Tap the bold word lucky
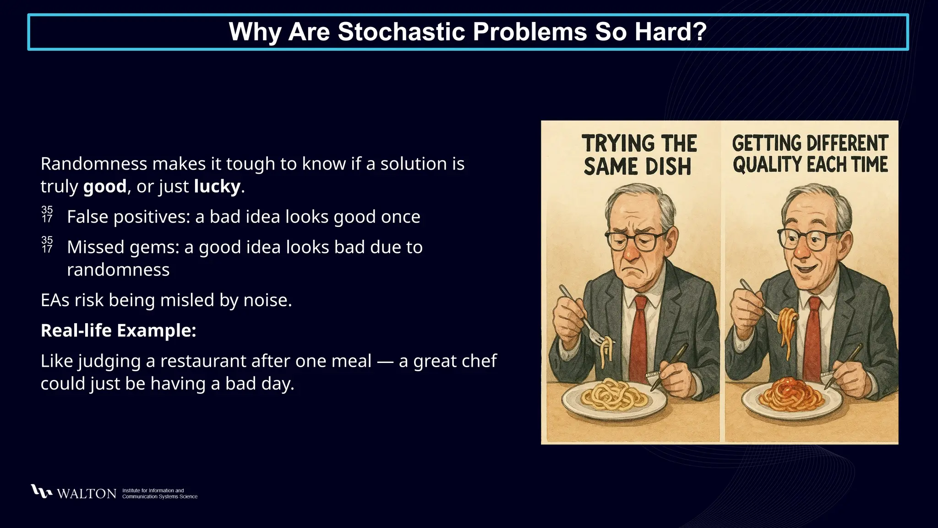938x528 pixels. [217, 187]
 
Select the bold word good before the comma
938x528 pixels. [104, 187]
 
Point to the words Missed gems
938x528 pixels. [123, 247]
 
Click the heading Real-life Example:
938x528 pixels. [118, 330]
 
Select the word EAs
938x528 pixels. [55, 300]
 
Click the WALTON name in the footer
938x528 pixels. [87, 494]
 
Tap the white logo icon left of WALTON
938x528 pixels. [41, 491]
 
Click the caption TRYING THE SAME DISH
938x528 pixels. [638, 155]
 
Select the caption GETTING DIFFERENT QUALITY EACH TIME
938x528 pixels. [810, 154]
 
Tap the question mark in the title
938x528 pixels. [699, 32]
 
